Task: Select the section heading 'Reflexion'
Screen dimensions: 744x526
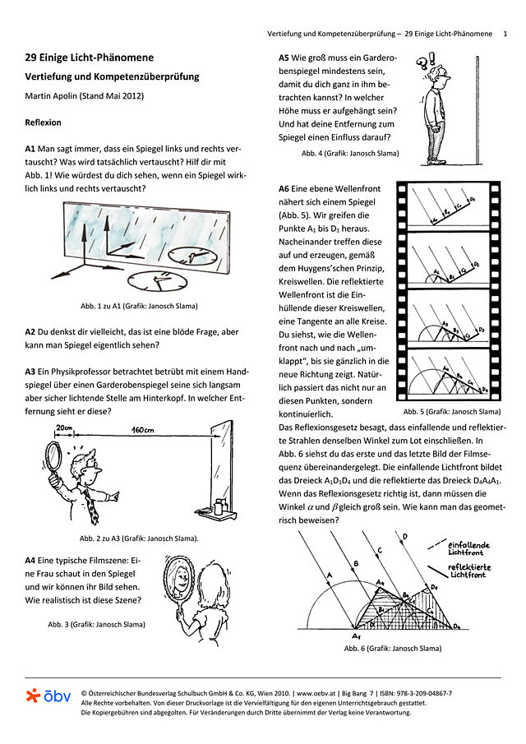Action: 43,122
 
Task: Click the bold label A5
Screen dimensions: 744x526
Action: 284,58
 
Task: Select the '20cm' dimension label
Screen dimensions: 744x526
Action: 66,428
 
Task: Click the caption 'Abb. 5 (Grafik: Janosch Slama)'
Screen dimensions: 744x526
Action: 451,411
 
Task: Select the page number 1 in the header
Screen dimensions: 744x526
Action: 505,34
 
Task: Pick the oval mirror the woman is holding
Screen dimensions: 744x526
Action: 179,583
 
